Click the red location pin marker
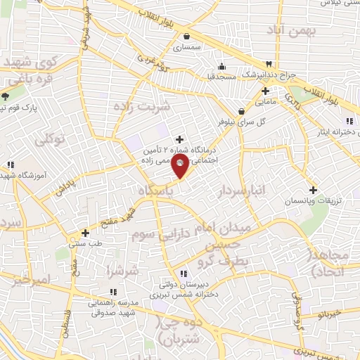[x=180, y=167]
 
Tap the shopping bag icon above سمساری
[x=186, y=36]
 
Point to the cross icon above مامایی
[x=265, y=91]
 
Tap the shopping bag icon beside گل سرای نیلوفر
[x=241, y=110]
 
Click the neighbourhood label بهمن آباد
[x=292, y=30]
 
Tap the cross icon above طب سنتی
[x=85, y=232]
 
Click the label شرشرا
[x=124, y=271]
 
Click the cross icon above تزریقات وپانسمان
[x=313, y=190]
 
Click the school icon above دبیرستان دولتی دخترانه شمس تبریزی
[x=183, y=274]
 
